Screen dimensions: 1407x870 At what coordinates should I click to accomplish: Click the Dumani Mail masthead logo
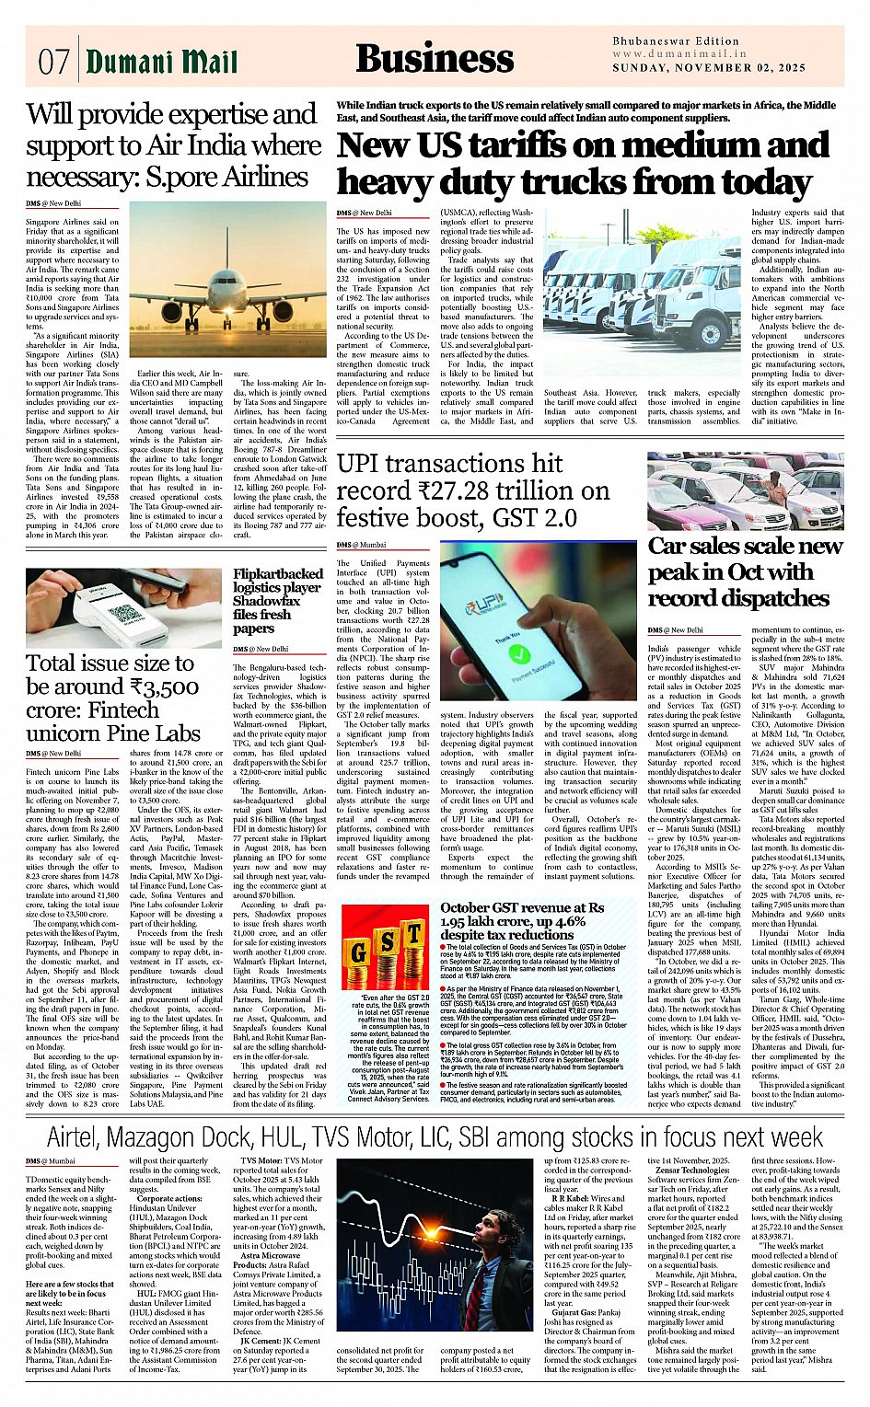coord(161,62)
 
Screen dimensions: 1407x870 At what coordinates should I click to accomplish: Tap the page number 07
coord(54,63)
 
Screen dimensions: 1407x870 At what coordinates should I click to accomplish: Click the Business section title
coord(434,58)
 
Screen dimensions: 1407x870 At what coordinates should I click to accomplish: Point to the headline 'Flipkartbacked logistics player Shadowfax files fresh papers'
coord(277,600)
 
